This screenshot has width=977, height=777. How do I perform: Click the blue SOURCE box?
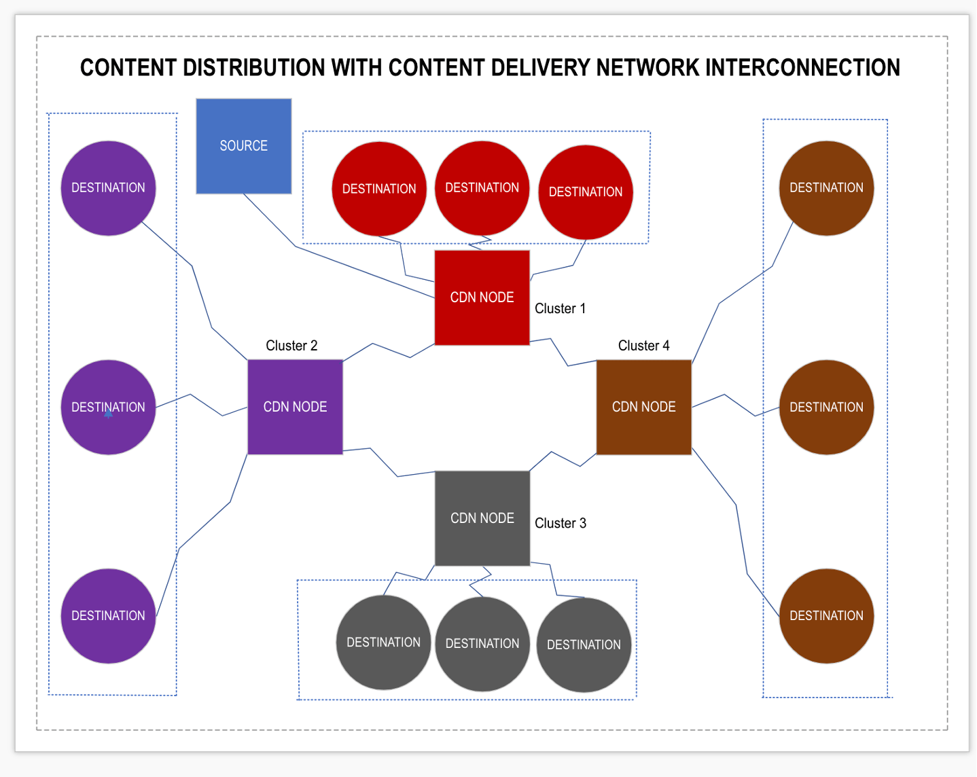[243, 146]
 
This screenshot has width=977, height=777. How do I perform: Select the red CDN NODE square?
[482, 297]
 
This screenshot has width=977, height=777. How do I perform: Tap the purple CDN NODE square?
[295, 407]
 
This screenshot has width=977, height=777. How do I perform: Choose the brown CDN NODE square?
[643, 407]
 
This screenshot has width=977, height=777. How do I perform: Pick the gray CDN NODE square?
[482, 518]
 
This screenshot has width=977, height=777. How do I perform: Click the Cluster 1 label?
[560, 308]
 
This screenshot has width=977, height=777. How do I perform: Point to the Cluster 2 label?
[291, 346]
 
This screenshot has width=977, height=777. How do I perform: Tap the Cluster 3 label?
[560, 523]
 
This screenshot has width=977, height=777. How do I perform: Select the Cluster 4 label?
[643, 346]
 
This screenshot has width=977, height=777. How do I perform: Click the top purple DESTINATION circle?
[108, 188]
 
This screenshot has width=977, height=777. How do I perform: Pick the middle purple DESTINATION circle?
[108, 407]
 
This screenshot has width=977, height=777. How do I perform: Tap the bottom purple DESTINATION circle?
[108, 615]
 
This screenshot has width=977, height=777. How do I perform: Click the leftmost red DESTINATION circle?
[378, 189]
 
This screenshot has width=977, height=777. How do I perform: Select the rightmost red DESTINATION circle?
[585, 192]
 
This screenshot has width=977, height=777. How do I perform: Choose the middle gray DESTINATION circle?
[482, 643]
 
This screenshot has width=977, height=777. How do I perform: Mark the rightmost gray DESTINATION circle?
[584, 645]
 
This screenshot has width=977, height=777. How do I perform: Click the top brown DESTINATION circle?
[826, 188]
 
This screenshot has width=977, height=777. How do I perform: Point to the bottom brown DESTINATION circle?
[826, 615]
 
